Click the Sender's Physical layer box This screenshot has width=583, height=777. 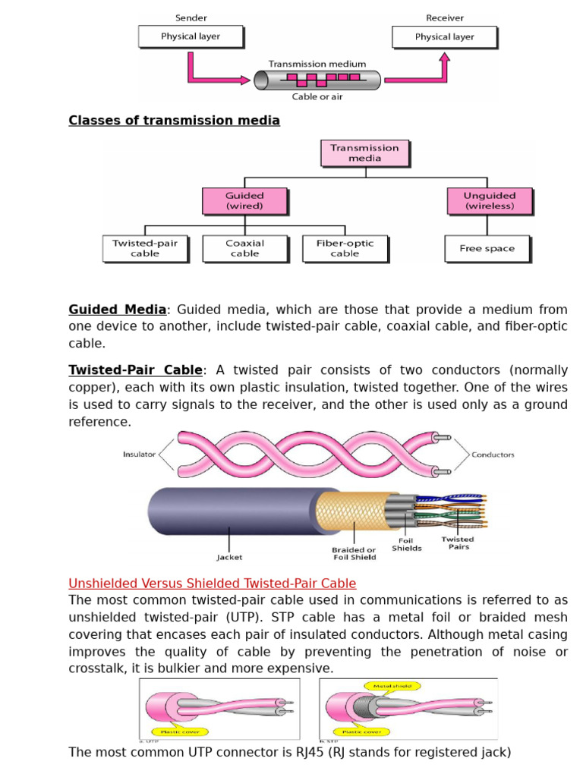click(191, 36)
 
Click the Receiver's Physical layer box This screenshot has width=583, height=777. click(444, 36)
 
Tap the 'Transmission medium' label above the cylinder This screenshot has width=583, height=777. click(318, 64)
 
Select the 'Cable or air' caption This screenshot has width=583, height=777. click(317, 97)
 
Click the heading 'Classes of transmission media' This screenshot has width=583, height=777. click(174, 121)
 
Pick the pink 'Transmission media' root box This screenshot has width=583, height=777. click(365, 153)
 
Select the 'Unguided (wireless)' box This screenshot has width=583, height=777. click(489, 200)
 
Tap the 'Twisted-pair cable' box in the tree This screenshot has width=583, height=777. click(145, 248)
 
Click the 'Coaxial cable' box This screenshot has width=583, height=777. click(244, 248)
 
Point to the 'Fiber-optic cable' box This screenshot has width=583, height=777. click(345, 248)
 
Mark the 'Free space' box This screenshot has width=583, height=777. click(487, 248)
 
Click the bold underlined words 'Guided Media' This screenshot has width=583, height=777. click(117, 310)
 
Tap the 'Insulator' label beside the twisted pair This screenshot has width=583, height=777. click(139, 455)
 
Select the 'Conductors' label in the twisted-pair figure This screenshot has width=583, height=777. click(493, 455)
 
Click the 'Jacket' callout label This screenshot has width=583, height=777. click(229, 557)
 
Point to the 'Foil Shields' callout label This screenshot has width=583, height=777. click(407, 544)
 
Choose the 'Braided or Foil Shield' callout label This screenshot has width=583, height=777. click(354, 553)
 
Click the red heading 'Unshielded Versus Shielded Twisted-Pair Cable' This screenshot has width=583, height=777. click(212, 584)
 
